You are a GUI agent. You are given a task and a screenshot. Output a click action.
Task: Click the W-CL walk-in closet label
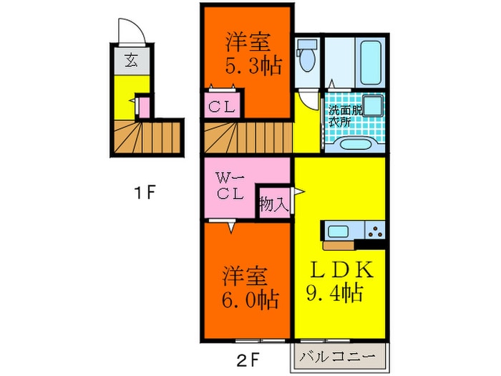click(232, 185)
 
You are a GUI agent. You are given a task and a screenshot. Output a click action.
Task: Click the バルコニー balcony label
click(339, 356)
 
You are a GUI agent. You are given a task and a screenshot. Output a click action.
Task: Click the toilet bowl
click(306, 59)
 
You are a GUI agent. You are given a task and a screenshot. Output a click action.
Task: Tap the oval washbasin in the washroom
click(352, 145)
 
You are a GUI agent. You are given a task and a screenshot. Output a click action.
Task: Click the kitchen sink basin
click(338, 231)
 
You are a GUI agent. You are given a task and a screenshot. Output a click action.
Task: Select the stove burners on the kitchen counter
click(375, 231)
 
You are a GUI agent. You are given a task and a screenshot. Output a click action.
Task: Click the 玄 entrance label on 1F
click(132, 60)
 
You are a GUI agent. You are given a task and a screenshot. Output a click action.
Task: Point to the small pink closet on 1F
click(144, 107)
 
